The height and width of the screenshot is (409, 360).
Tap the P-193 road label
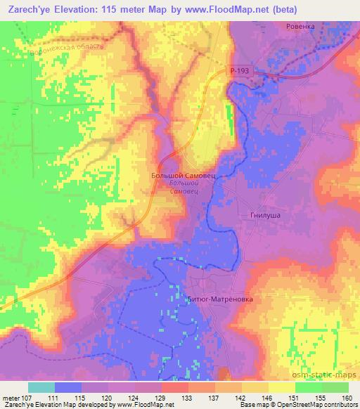coord(239,72)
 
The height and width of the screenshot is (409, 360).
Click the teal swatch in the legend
coord(41,387)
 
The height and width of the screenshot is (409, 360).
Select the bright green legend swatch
coord(309,387)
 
